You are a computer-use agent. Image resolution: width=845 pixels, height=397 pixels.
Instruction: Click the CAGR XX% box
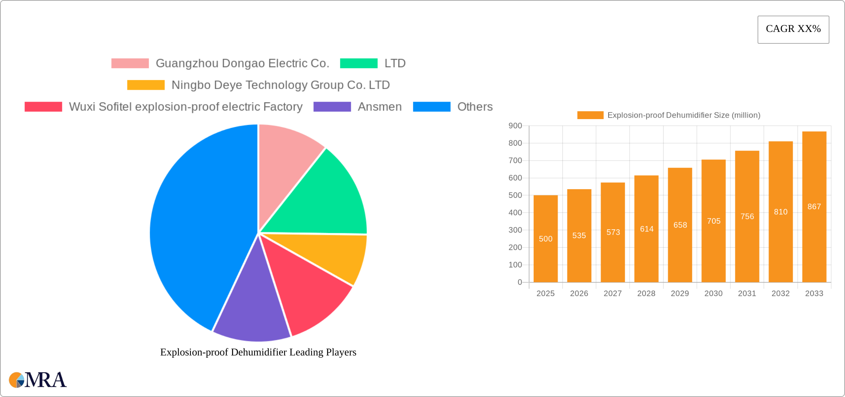[793, 29]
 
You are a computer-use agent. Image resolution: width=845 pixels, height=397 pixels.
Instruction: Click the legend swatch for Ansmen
[332, 107]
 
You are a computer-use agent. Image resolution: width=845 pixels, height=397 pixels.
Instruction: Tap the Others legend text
[475, 107]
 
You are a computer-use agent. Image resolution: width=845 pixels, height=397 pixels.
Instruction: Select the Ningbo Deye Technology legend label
[281, 85]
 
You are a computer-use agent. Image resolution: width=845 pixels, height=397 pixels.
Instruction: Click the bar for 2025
[546, 260]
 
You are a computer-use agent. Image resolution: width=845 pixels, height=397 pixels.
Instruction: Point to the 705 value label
[714, 221]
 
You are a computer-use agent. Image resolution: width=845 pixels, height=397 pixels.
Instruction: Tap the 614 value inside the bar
[647, 229]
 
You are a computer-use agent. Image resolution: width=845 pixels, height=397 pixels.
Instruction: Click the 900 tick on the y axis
[515, 126]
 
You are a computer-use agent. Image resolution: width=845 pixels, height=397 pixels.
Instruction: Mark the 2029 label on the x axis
[680, 293]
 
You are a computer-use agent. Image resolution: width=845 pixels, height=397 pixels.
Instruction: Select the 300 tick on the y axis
[515, 230]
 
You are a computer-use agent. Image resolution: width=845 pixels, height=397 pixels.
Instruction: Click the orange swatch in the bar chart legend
[590, 115]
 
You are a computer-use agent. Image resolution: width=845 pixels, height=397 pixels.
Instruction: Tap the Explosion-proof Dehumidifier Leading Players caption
[258, 352]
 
